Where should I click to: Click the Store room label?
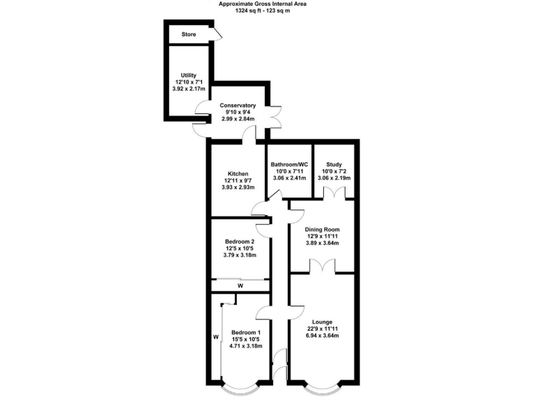[x=189, y=34]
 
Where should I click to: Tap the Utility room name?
[x=188, y=75]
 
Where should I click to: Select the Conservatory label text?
[x=238, y=105]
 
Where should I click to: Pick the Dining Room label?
[x=323, y=229]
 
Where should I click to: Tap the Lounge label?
[x=322, y=322]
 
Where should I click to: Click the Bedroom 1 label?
[x=246, y=332]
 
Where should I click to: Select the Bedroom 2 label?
[x=239, y=242]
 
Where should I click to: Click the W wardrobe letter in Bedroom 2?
[x=240, y=285]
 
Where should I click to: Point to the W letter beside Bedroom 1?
[x=215, y=338]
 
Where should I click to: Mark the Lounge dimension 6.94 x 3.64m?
[x=322, y=336]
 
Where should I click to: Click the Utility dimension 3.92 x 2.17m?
[x=188, y=90]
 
